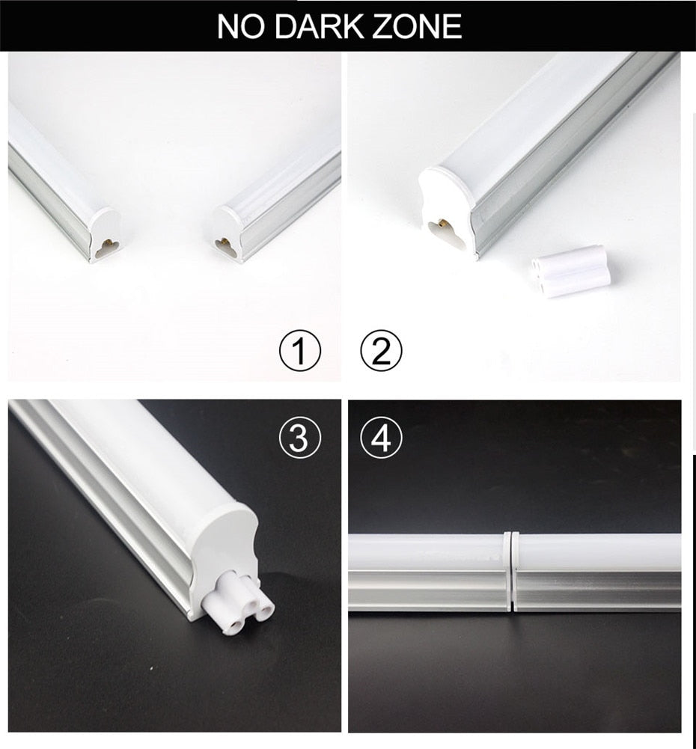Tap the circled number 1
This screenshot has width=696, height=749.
coord(299,351)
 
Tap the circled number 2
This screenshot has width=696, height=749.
coord(381,351)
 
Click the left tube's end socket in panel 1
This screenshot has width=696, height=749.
coord(106,245)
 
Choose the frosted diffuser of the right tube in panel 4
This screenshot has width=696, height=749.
coord(599,551)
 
